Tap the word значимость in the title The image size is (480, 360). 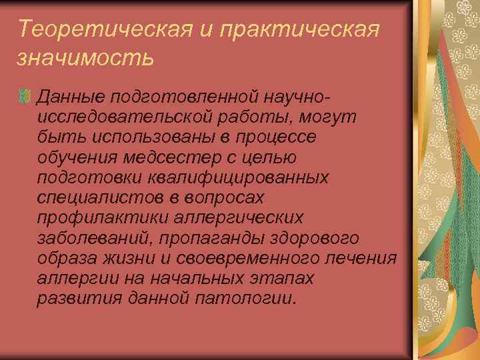[x=86, y=59]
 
